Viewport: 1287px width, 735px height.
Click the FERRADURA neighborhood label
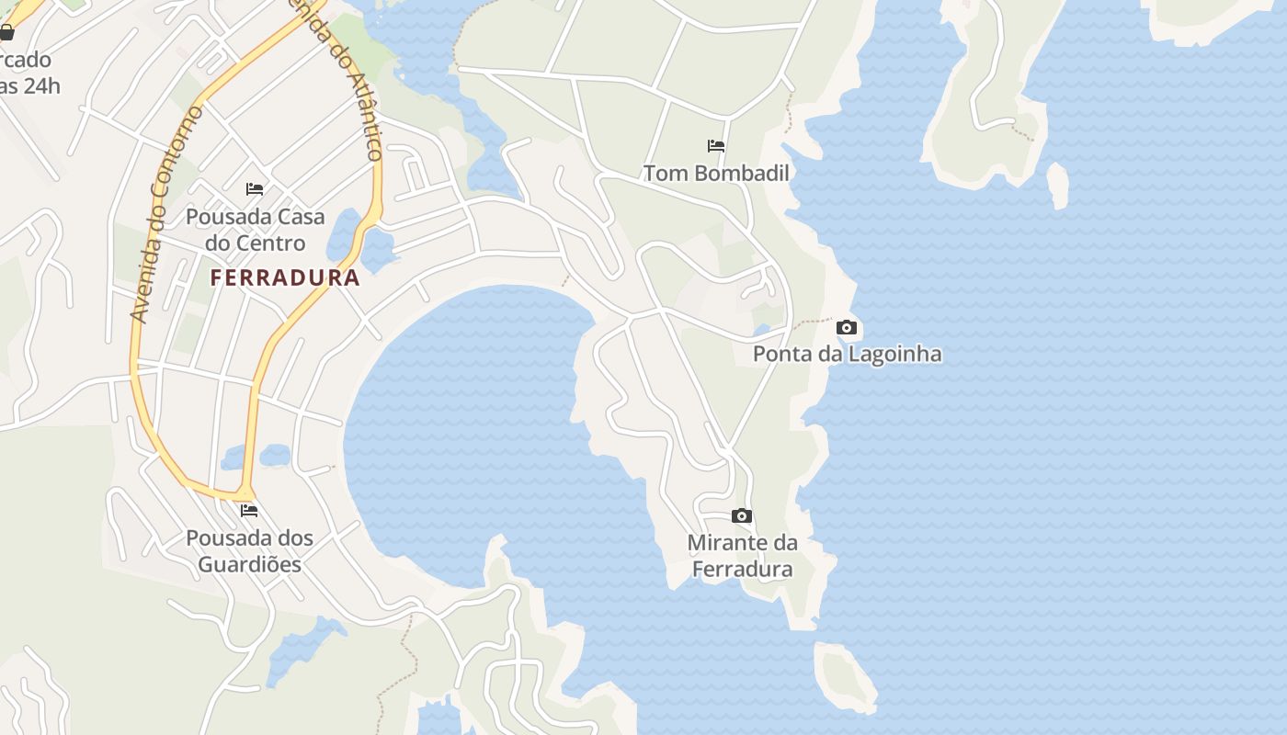coord(285,277)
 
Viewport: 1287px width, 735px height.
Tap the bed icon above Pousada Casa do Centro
coord(255,189)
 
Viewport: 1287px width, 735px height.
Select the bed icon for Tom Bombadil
coord(716,146)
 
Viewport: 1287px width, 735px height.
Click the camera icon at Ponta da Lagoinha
coord(847,328)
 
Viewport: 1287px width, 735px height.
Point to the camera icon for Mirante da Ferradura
coord(742,516)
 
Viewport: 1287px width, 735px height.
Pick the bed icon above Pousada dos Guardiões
coord(249,511)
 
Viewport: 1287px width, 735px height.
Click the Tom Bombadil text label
coord(716,173)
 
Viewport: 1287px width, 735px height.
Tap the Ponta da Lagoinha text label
coord(847,354)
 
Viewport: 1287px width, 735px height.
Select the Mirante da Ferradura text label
coord(742,556)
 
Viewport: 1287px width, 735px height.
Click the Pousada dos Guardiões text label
coord(249,550)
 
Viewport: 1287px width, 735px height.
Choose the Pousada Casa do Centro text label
coord(255,230)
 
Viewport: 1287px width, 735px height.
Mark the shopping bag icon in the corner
coord(6,34)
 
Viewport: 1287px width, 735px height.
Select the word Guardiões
coord(249,564)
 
